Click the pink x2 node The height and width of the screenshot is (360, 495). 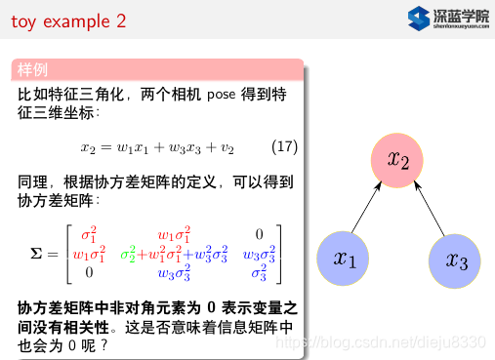(x=398, y=158)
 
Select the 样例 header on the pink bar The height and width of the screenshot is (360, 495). (x=32, y=70)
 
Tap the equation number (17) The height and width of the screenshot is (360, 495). (x=283, y=148)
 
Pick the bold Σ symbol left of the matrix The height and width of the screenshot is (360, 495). (x=38, y=254)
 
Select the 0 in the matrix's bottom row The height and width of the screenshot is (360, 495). (x=88, y=272)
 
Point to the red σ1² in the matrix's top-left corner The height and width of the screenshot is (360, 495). (x=88, y=234)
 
